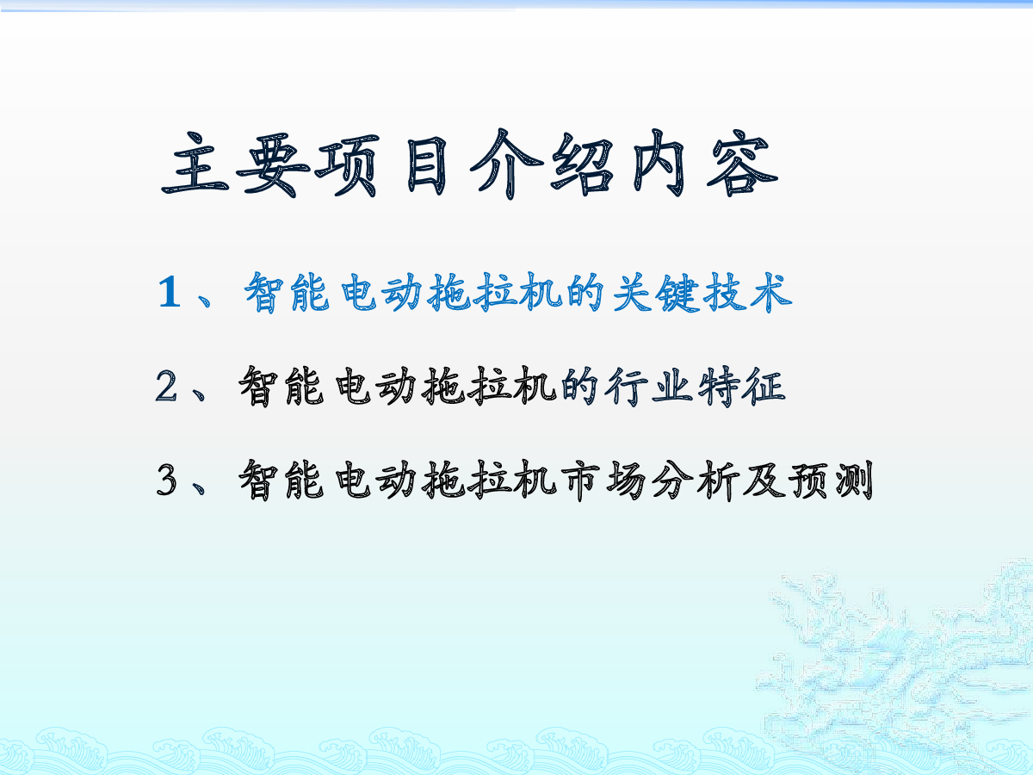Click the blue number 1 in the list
point(170,292)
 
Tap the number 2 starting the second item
point(166,386)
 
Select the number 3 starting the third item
point(166,480)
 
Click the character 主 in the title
point(195,164)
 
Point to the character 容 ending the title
point(742,164)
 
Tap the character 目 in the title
point(426,164)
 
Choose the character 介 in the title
point(507,164)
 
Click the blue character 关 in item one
point(633,293)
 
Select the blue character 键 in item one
point(679,293)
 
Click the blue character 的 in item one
point(585,293)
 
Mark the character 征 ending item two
point(764,387)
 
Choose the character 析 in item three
point(718,480)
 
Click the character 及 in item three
point(764,480)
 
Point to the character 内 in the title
point(659,164)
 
